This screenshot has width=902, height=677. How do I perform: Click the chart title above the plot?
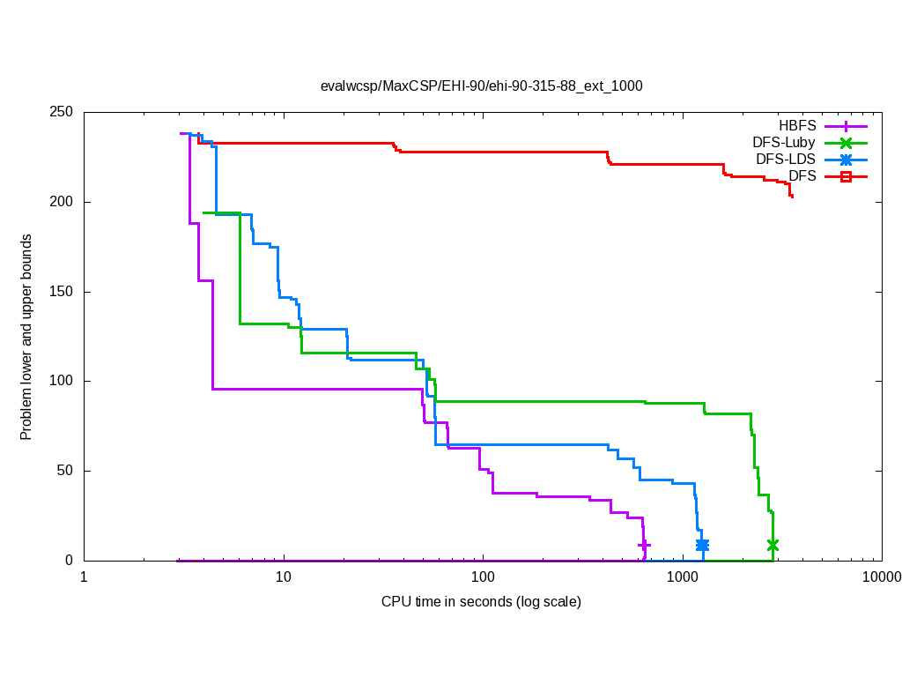(481, 86)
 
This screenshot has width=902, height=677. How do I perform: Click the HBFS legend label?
(798, 126)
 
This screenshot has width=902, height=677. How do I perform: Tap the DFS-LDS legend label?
(786, 160)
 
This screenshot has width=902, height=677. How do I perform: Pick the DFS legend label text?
(802, 176)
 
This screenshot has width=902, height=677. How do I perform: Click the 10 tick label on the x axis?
(283, 577)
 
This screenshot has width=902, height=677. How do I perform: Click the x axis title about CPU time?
(481, 602)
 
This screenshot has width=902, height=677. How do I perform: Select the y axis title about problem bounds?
(26, 337)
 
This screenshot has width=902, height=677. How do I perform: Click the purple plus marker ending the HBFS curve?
(644, 546)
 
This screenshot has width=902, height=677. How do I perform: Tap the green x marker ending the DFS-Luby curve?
(773, 546)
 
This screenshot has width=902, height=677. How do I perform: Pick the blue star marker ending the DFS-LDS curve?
(702, 546)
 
